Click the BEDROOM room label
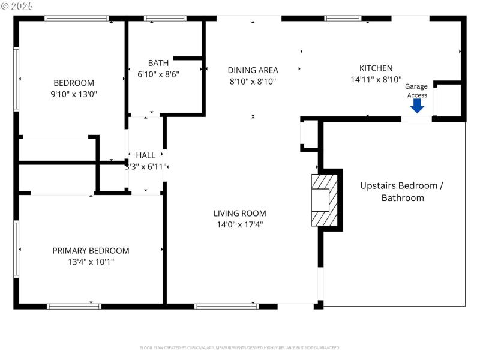tap(74, 83)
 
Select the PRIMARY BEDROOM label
tap(91, 251)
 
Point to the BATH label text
tap(158, 63)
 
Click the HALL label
tap(146, 155)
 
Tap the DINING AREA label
tap(253, 70)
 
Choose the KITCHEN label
tap(376, 68)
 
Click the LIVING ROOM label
tap(240, 213)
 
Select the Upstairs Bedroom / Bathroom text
tap(401, 191)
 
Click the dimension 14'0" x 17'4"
tap(240, 225)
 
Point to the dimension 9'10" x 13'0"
tap(74, 94)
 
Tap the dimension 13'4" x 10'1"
tap(91, 262)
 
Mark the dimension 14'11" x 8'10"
tap(376, 79)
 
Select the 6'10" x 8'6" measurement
tap(158, 74)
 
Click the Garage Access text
tap(417, 91)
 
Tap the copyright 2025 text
tap(17, 5)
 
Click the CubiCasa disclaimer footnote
tap(240, 347)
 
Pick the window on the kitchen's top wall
tap(343, 18)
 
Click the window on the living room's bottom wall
tap(227, 306)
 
